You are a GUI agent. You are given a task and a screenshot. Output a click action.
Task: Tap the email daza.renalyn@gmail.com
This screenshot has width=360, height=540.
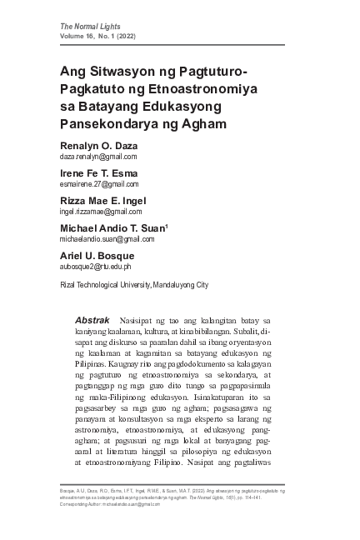pos(97,156)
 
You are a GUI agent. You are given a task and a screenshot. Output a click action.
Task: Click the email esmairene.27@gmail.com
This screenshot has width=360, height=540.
pos(98,184)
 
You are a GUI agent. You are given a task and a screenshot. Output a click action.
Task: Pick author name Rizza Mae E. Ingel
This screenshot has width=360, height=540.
pos(101,201)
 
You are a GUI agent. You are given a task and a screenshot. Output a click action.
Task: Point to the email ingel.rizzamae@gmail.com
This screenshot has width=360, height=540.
pos(102,212)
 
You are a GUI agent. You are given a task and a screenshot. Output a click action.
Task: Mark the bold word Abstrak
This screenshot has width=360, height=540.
pos(92,320)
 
